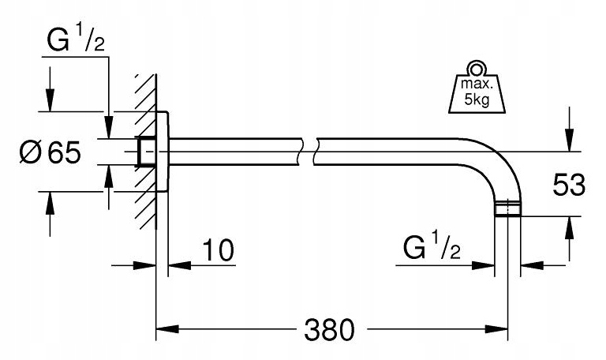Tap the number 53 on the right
568,186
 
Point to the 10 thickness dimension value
219,252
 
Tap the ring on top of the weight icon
475,67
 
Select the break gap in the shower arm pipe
308,151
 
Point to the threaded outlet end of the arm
506,209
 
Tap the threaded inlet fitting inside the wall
145,152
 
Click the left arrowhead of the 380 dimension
163,327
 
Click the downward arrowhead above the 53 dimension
569,141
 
